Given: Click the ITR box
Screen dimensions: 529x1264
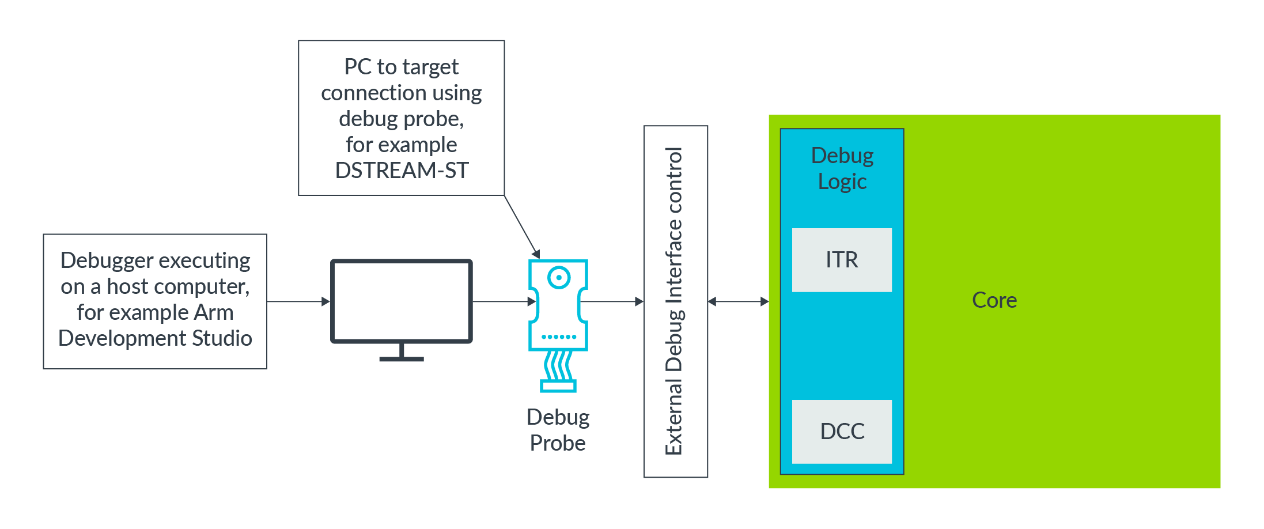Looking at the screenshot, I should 841,260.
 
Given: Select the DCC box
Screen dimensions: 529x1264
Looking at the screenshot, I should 841,431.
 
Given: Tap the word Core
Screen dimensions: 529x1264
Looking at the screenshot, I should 994,300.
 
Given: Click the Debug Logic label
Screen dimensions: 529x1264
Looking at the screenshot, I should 842,168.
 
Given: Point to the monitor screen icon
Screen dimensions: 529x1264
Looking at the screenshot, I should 401,301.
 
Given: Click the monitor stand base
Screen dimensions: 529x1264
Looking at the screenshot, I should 401,358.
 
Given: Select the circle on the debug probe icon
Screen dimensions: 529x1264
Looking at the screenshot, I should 558,277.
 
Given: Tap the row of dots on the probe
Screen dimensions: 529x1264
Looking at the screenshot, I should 558,337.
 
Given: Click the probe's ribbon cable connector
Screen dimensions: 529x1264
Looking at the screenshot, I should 558,386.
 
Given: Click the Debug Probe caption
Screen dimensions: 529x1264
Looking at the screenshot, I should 558,430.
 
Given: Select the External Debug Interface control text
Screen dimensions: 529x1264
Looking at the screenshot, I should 674,301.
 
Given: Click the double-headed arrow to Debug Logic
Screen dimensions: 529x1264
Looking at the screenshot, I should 738,301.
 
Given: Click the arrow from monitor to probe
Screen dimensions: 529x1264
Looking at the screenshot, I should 501,301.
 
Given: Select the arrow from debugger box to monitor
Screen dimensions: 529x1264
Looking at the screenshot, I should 298,301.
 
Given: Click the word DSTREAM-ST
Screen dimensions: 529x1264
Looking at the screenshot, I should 402,171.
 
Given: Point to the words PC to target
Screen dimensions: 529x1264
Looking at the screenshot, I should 401,67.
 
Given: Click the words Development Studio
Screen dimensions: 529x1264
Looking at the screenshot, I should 155,338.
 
